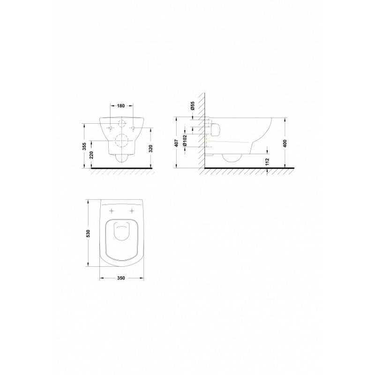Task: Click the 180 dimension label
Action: point(121,105)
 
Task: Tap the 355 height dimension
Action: point(84,146)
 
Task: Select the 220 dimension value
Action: point(91,155)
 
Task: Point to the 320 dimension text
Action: point(150,149)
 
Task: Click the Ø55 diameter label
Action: point(193,105)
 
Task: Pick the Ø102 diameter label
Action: point(185,140)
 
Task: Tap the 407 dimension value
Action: point(177,143)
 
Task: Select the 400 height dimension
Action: point(285,143)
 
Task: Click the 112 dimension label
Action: point(267,161)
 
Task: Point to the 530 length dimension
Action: point(88,233)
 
